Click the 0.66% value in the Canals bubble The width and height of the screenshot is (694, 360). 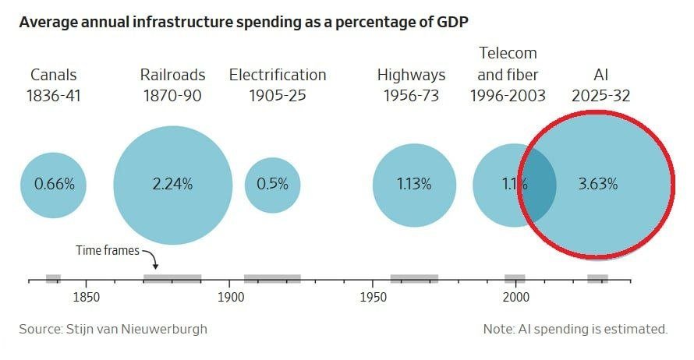point(54,184)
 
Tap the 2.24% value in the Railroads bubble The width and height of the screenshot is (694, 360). point(172,184)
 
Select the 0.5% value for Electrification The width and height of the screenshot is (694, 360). point(272,184)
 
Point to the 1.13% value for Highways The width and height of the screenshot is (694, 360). point(414,184)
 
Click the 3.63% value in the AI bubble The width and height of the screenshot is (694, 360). point(597,184)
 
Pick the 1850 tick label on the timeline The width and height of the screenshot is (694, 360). point(86,297)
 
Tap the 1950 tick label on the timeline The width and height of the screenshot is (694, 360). point(373,297)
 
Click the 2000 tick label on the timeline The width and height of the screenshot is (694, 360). point(515,297)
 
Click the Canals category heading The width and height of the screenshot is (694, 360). point(54,75)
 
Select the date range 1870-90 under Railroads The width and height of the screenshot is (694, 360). point(172,96)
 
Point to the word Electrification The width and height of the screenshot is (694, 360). point(278,75)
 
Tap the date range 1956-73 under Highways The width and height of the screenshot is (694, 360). point(411,96)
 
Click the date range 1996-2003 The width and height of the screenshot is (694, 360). point(508,96)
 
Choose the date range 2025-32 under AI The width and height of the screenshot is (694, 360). point(600,96)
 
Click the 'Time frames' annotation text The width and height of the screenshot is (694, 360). point(108,250)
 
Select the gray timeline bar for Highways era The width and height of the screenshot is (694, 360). point(414,279)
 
